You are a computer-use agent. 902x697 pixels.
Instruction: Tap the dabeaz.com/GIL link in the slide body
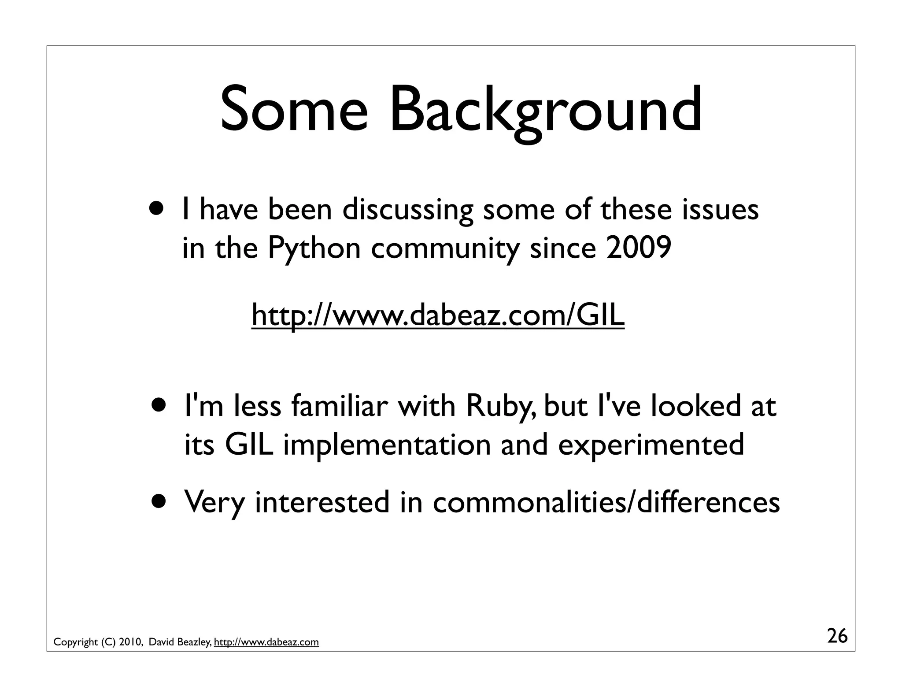(x=438, y=315)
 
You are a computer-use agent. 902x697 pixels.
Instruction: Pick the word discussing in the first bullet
(x=407, y=210)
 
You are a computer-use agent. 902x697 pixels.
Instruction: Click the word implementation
(x=387, y=445)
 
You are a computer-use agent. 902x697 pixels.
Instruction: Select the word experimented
(x=651, y=445)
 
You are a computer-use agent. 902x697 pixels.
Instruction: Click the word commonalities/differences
(x=606, y=502)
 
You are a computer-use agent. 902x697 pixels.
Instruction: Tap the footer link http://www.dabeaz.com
(x=266, y=642)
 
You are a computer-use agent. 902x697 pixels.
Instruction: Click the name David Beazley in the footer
(x=180, y=642)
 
